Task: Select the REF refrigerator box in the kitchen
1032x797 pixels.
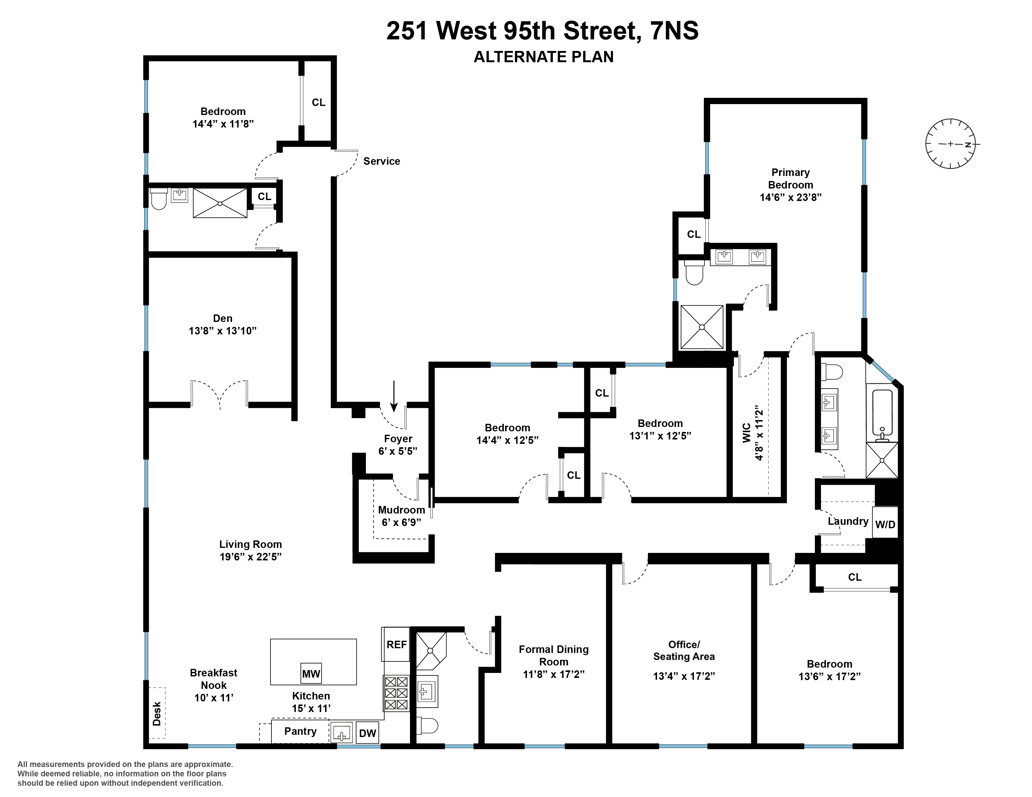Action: tap(396, 644)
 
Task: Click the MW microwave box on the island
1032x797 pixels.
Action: tap(311, 673)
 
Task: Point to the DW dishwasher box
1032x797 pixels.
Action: tap(367, 733)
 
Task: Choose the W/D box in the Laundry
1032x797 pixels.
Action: tap(885, 524)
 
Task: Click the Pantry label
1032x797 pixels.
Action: tap(300, 731)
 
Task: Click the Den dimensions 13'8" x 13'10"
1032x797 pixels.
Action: tap(223, 330)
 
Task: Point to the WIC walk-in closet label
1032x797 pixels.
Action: tap(746, 433)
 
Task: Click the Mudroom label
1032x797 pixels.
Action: tap(401, 510)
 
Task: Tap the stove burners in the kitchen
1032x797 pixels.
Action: tap(396, 693)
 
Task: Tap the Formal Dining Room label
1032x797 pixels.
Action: tap(553, 655)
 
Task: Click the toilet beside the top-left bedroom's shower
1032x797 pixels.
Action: tap(159, 199)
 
